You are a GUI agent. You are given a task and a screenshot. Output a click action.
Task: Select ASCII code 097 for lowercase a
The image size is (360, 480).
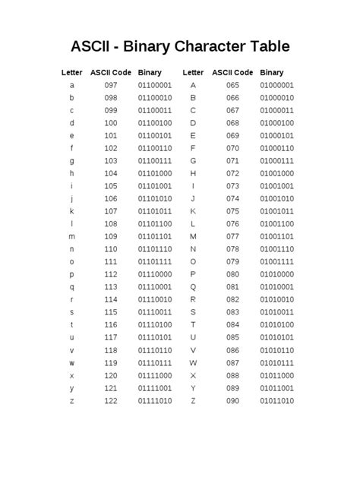click(x=111, y=85)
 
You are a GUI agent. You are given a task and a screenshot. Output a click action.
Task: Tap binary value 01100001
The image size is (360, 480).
click(x=155, y=85)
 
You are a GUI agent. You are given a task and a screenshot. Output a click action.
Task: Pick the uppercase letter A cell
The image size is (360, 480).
click(x=194, y=85)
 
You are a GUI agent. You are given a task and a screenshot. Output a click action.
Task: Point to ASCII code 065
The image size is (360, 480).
click(x=232, y=85)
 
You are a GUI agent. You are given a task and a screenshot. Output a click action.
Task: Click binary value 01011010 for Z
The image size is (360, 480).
click(x=276, y=399)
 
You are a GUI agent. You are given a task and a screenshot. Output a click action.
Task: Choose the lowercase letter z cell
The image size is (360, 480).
click(x=71, y=399)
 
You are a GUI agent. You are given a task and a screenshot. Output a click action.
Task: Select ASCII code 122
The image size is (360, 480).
click(x=111, y=399)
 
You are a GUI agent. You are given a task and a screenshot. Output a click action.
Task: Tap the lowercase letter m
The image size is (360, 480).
click(x=71, y=236)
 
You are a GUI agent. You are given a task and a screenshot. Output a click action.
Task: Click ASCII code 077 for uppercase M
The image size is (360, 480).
click(x=232, y=236)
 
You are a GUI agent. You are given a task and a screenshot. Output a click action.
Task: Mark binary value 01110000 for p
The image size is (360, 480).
click(x=155, y=273)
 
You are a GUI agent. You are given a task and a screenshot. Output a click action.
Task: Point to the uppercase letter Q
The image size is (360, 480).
click(x=194, y=286)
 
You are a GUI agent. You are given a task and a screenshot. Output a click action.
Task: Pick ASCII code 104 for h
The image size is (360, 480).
click(x=111, y=173)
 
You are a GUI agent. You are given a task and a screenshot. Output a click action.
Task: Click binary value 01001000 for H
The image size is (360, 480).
click(x=276, y=173)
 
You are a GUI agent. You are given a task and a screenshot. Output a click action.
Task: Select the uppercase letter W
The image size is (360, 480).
click(x=194, y=362)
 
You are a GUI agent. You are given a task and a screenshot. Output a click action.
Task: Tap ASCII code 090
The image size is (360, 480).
click(x=232, y=399)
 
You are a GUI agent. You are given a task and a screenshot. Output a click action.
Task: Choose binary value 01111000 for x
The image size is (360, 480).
click(x=155, y=374)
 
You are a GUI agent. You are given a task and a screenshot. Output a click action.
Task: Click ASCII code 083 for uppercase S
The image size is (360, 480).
click(x=232, y=311)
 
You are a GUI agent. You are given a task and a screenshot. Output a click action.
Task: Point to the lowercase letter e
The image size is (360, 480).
click(x=71, y=135)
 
